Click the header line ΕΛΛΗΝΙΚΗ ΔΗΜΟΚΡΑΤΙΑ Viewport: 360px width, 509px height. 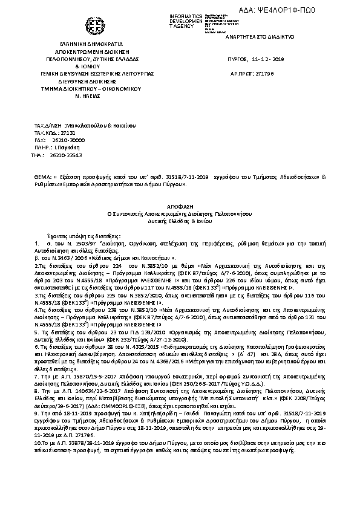point(91,44)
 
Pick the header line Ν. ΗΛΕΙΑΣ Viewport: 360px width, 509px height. point(90,96)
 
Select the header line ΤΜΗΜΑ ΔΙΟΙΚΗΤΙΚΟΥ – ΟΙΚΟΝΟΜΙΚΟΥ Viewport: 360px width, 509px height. point(91,88)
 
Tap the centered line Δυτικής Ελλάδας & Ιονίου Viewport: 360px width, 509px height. point(180,221)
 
